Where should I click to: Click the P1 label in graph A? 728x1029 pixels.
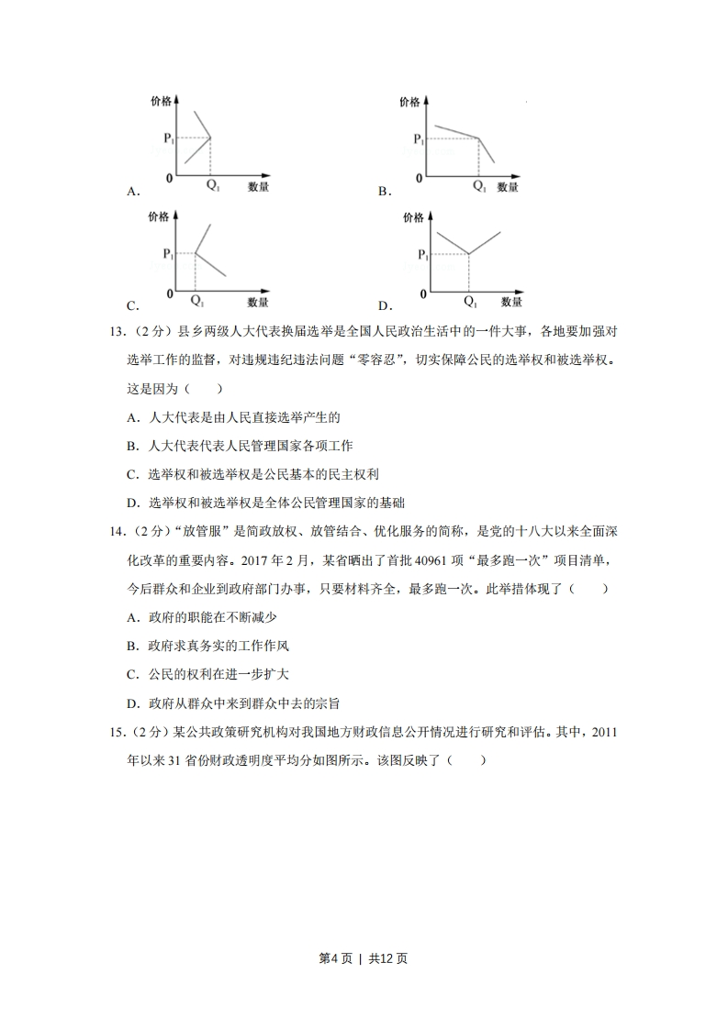click(x=168, y=138)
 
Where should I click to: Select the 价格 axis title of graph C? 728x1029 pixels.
click(x=158, y=217)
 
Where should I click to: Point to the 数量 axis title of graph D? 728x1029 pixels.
click(x=511, y=302)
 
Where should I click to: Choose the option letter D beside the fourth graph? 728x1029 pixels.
click(x=384, y=306)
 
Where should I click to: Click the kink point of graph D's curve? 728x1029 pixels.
click(x=469, y=254)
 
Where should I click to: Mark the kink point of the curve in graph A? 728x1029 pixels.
click(x=210, y=138)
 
